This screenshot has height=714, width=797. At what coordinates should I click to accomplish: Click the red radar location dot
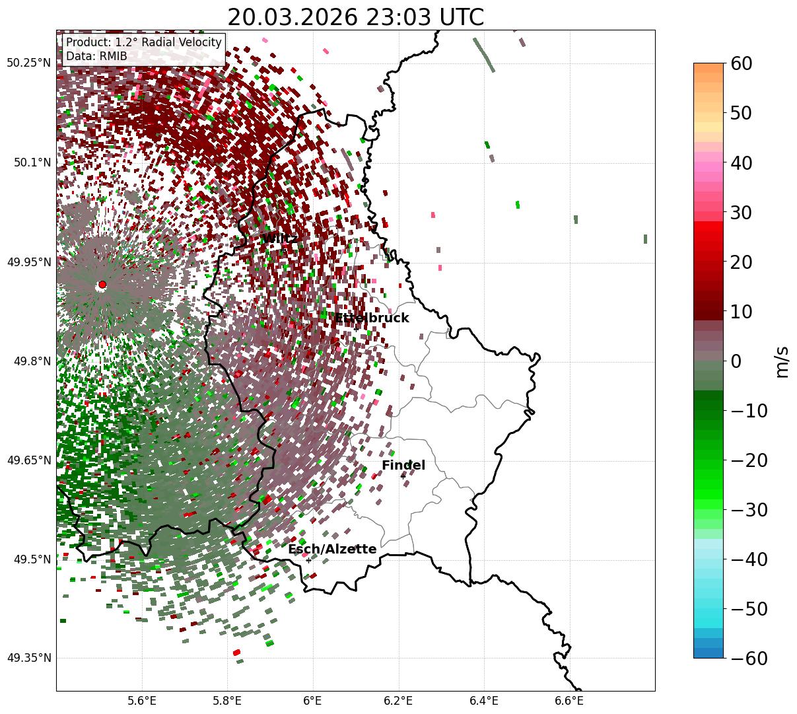pyautogui.click(x=102, y=285)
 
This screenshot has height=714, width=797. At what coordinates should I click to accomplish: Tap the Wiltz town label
pyautogui.click(x=279, y=238)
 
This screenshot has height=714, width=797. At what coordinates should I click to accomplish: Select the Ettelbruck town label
pyautogui.click(x=372, y=318)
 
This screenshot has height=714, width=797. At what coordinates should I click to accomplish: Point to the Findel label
pyautogui.click(x=403, y=466)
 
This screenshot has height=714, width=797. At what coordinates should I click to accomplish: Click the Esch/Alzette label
pyautogui.click(x=332, y=550)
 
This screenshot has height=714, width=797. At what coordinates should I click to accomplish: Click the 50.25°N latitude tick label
pyautogui.click(x=28, y=63)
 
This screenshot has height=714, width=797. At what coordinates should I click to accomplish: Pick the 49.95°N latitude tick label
pyautogui.click(x=28, y=262)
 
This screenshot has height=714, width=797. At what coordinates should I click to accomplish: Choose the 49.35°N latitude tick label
pyautogui.click(x=28, y=659)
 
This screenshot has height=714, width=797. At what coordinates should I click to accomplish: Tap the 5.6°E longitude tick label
pyautogui.click(x=142, y=699)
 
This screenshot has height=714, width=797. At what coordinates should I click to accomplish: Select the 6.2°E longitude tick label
pyautogui.click(x=399, y=699)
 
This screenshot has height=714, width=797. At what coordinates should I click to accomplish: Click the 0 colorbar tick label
pyautogui.click(x=736, y=361)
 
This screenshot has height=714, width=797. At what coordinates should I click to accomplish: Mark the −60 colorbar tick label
pyautogui.click(x=749, y=659)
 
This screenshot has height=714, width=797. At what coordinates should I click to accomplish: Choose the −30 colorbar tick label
pyautogui.click(x=749, y=510)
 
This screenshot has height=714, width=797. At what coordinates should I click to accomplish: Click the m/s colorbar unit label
pyautogui.click(x=782, y=361)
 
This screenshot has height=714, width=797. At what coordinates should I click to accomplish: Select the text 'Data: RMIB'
pyautogui.click(x=96, y=56)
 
